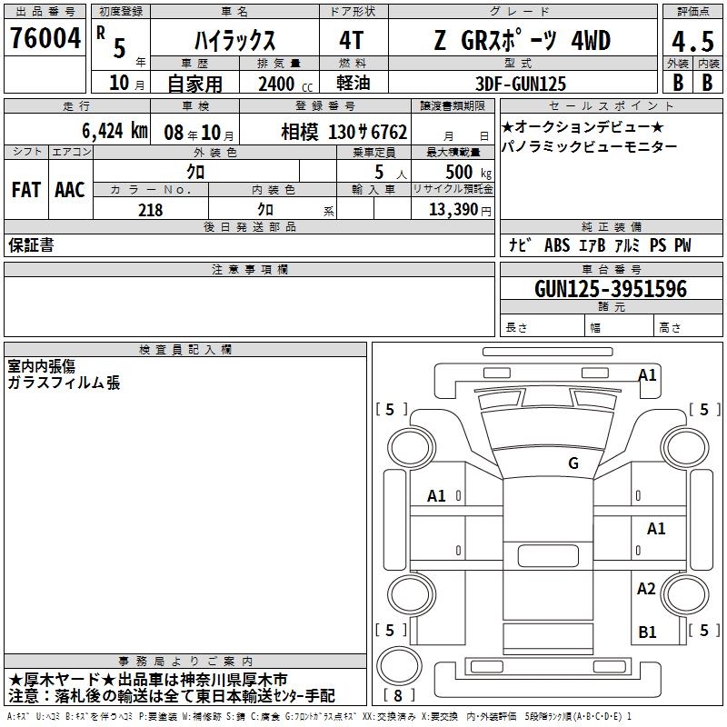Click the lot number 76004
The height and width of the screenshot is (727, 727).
pyautogui.click(x=45, y=38)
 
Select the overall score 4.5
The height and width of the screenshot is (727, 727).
pyautogui.click(x=692, y=42)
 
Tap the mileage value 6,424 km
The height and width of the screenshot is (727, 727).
pyautogui.click(x=115, y=131)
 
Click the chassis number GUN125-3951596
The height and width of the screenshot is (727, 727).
pyautogui.click(x=611, y=289)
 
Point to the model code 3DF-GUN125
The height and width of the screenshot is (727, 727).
pyautogui.click(x=521, y=84)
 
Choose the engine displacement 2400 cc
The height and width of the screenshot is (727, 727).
pyautogui.click(x=285, y=84)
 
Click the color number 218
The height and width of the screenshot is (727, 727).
pyautogui.click(x=151, y=210)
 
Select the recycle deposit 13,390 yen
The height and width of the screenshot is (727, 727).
pyautogui.click(x=460, y=210)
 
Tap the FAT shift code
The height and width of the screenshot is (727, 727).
pyautogui.click(x=26, y=190)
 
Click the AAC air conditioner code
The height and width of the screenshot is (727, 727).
pyautogui.click(x=70, y=190)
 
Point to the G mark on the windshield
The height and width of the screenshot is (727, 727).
pyautogui.click(x=573, y=463)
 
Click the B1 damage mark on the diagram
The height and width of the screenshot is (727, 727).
pyautogui.click(x=647, y=632)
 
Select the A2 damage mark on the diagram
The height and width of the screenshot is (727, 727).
pyautogui.click(x=646, y=588)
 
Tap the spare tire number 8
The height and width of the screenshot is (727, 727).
pyautogui.click(x=398, y=695)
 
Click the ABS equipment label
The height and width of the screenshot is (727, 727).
pyautogui.click(x=557, y=245)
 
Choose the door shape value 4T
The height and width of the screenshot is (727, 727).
pyautogui.click(x=351, y=40)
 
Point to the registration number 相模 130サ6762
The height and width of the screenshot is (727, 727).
pyautogui.click(x=344, y=132)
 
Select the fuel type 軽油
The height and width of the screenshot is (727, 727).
pyautogui.click(x=353, y=83)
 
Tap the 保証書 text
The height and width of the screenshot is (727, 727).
pyautogui.click(x=31, y=244)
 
